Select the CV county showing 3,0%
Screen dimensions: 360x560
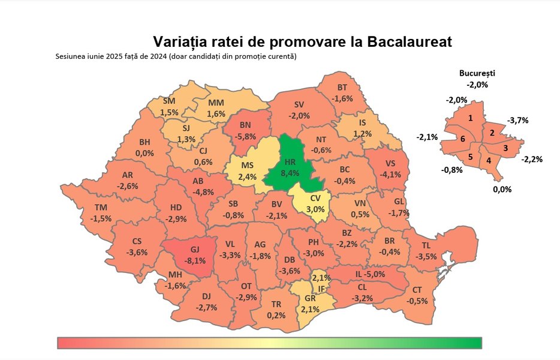316,205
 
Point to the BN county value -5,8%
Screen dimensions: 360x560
246,136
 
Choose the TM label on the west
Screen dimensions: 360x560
101,208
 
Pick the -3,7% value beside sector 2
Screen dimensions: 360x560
517,120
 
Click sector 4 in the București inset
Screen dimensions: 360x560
489,161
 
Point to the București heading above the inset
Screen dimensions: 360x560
477,73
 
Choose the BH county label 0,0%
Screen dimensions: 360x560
144,153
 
